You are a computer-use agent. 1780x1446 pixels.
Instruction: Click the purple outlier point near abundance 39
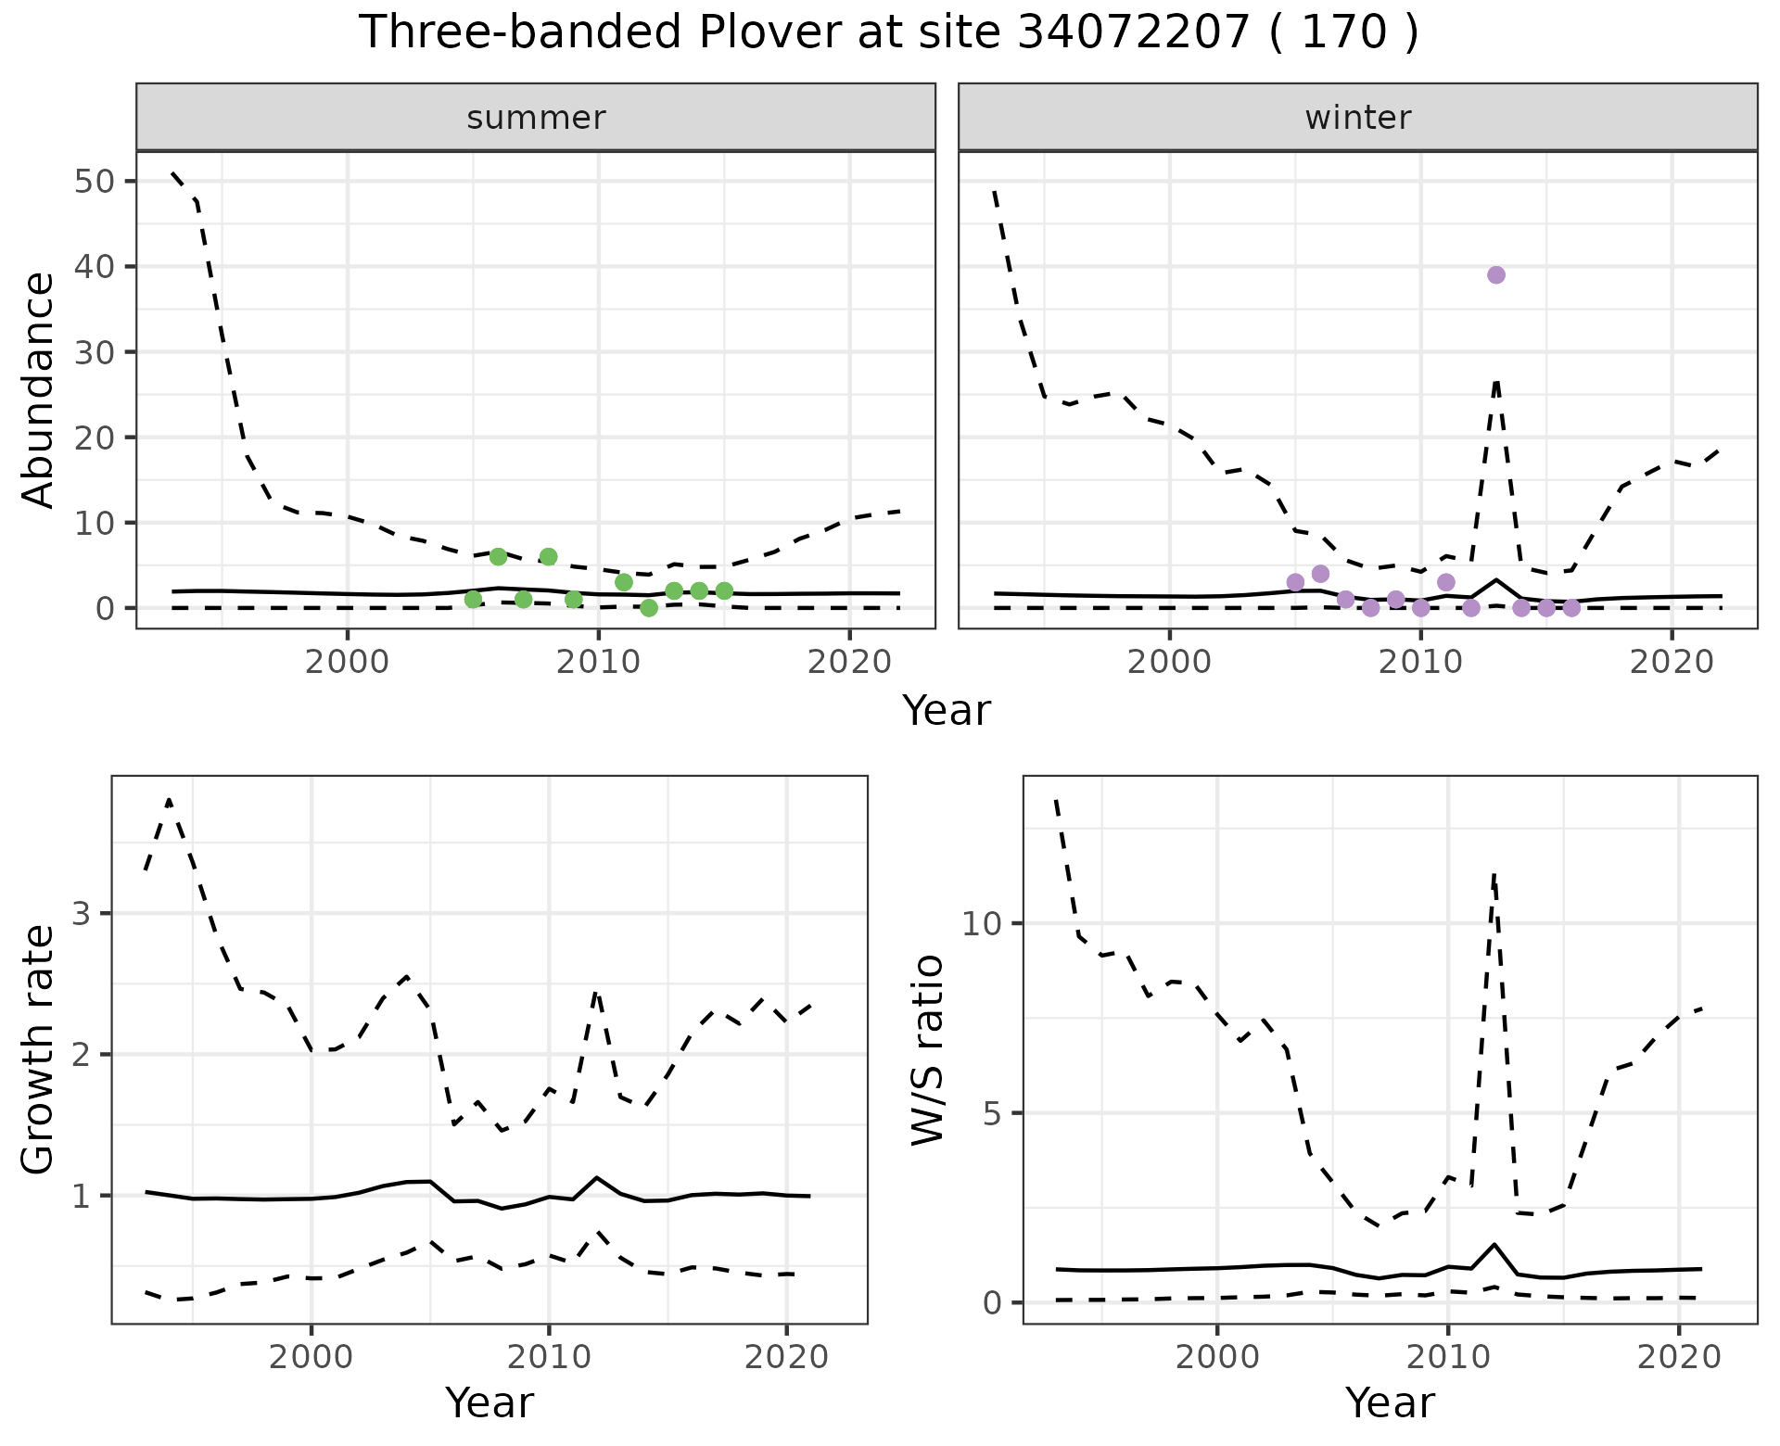(x=1495, y=275)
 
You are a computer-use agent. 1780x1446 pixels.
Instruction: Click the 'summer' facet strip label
(x=536, y=118)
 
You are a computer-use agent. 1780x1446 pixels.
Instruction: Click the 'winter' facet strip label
(x=1357, y=118)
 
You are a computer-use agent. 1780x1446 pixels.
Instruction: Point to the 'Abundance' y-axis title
(x=39, y=389)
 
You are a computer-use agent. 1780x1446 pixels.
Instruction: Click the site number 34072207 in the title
(x=1134, y=33)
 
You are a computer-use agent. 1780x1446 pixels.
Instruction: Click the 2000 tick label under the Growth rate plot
(x=311, y=1357)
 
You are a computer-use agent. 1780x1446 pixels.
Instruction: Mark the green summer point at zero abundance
(x=649, y=608)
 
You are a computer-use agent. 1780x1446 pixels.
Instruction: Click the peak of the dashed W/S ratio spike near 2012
(x=1494, y=874)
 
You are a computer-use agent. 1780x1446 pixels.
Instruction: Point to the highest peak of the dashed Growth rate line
(x=169, y=800)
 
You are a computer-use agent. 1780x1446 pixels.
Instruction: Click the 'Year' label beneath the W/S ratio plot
(x=1390, y=1403)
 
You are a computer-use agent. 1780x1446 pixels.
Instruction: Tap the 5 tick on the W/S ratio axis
(x=991, y=1113)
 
